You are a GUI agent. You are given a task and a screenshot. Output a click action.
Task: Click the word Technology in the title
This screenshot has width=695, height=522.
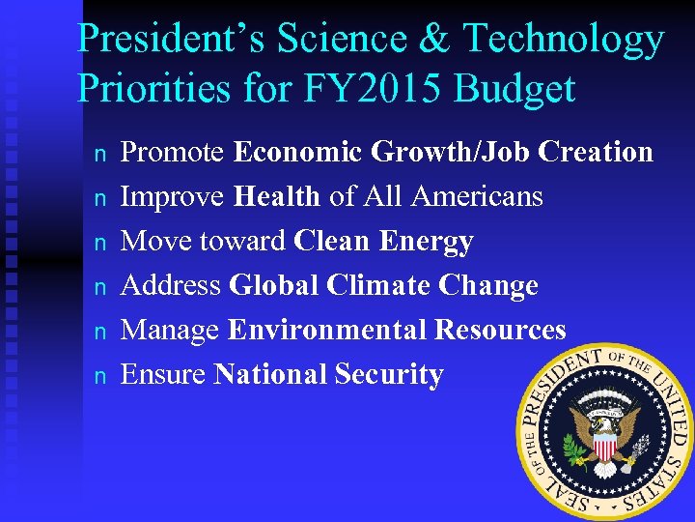564,40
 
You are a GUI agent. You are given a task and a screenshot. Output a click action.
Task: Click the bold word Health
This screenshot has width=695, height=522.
276,196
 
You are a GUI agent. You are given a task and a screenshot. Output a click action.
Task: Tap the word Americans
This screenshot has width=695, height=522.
477,196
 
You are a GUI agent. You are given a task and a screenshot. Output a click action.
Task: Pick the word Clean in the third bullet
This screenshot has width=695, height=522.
333,241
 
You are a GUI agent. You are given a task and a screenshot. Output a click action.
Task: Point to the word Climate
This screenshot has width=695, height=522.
378,285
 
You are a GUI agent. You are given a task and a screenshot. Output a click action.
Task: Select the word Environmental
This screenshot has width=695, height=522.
327,330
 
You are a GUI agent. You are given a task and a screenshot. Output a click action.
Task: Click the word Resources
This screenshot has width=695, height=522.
500,330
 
